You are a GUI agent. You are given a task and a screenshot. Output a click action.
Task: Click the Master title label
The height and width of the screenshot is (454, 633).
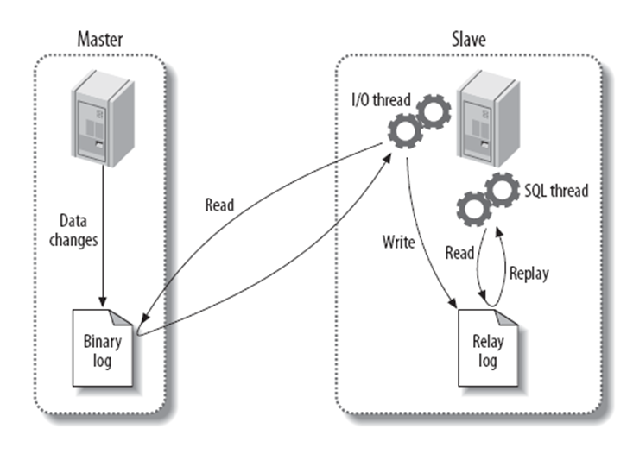100,38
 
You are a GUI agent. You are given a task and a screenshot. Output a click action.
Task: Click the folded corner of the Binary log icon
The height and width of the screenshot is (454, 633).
126,318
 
